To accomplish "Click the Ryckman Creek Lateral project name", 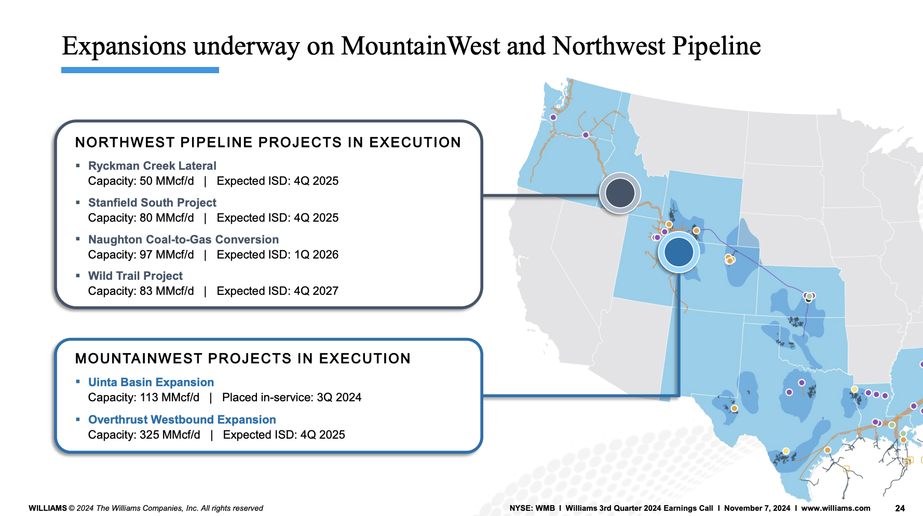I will [x=152, y=166].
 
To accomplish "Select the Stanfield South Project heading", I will [x=152, y=202].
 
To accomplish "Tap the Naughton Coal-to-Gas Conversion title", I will [x=183, y=239].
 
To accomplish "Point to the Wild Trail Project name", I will [x=135, y=276].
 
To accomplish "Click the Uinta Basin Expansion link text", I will [x=151, y=382].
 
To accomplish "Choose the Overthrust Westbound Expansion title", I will [x=182, y=419].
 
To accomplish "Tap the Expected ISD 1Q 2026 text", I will [x=277, y=254].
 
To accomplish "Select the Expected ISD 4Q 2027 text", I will [x=277, y=291].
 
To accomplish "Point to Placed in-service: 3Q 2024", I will [x=291, y=397].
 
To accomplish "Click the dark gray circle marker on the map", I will [x=620, y=193].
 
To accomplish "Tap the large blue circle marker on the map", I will [x=678, y=252].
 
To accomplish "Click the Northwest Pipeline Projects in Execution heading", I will [x=268, y=142].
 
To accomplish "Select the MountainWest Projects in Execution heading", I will [x=243, y=358].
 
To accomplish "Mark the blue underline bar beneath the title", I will [x=140, y=70].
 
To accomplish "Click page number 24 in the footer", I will [x=900, y=508].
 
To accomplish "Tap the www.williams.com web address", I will [x=835, y=508].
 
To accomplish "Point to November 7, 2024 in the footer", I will [x=757, y=508].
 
